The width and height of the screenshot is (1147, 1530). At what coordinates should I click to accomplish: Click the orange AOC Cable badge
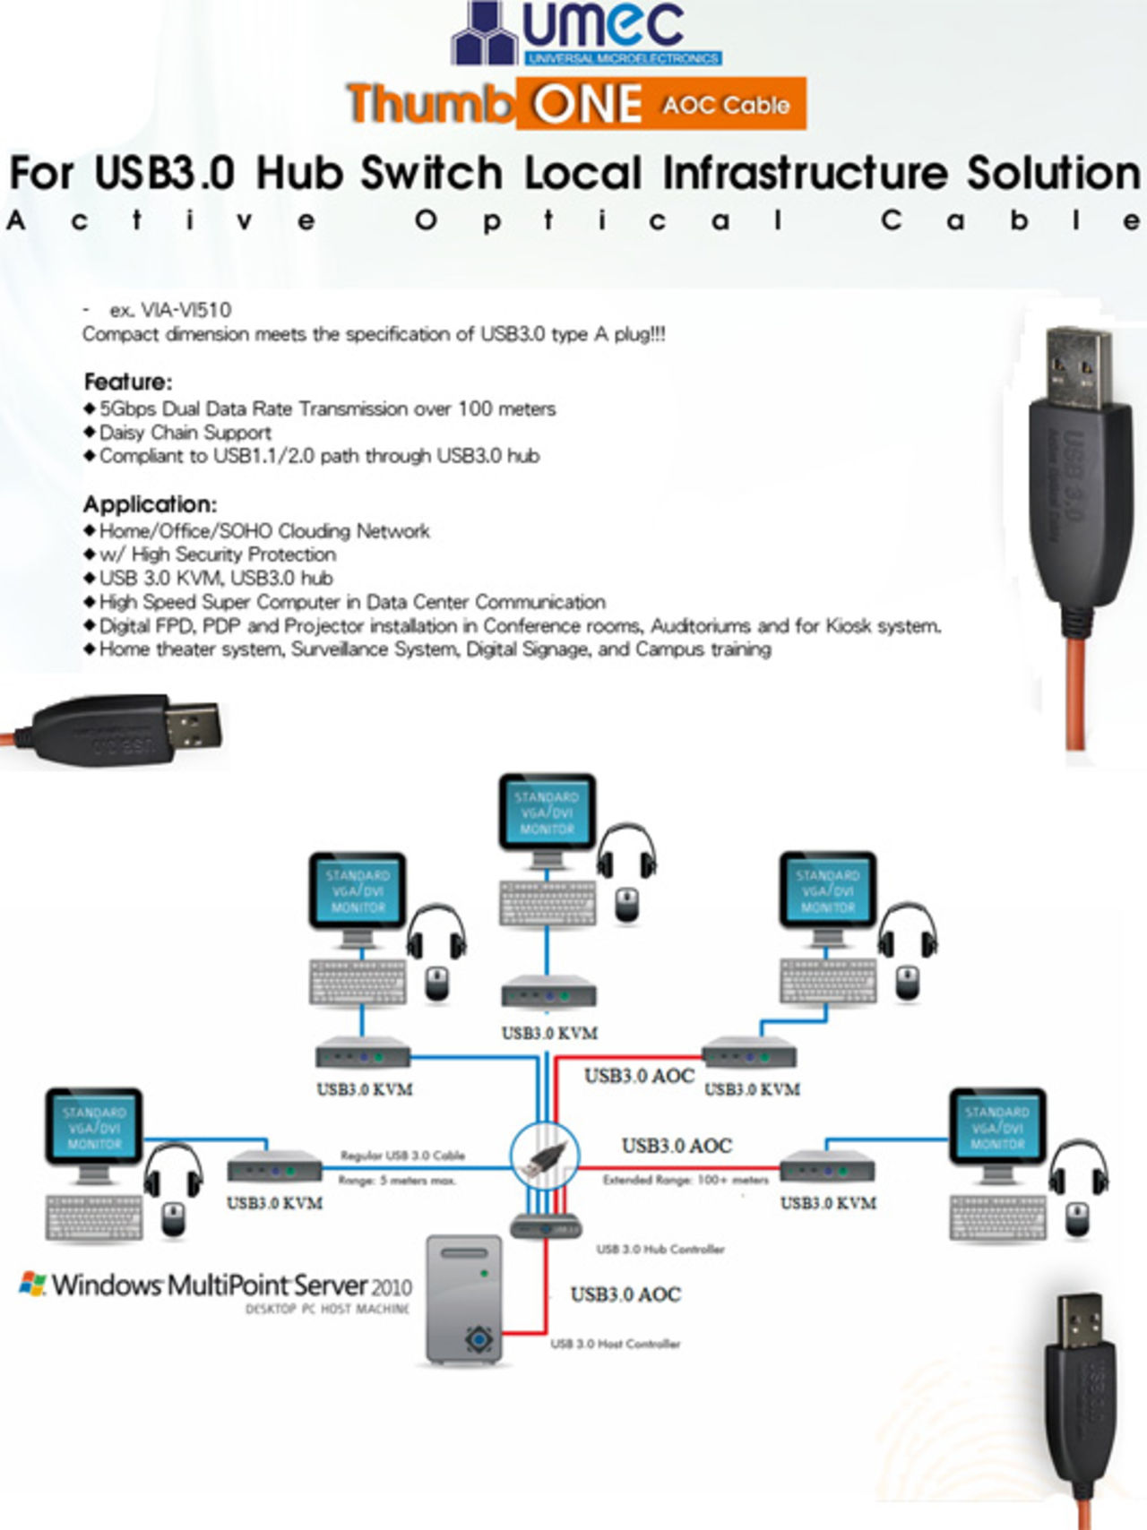(726, 105)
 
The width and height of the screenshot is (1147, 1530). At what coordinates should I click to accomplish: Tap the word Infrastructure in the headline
(804, 173)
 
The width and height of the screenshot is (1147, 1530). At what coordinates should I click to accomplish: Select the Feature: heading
(127, 382)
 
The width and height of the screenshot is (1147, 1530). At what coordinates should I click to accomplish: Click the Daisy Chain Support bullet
(185, 433)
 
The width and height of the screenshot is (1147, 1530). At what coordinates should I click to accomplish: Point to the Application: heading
(150, 503)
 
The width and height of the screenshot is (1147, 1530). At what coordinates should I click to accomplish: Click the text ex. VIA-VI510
(169, 310)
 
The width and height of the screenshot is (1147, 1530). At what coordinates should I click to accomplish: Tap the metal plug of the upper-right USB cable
(1079, 367)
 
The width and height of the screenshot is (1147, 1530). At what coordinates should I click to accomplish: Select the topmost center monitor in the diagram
(547, 813)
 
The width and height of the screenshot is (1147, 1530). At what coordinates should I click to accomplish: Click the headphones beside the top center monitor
(626, 851)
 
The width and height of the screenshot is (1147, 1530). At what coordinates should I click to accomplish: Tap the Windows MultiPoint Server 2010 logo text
(215, 1285)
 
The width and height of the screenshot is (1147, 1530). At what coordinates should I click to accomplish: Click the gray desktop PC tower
(463, 1301)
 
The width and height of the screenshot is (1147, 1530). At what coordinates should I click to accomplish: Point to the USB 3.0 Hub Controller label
(660, 1249)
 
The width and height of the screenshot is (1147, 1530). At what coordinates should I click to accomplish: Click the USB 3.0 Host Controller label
(616, 1344)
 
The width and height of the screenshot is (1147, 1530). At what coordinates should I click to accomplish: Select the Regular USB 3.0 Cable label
(402, 1156)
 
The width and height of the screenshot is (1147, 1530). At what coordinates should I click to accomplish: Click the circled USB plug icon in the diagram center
(544, 1160)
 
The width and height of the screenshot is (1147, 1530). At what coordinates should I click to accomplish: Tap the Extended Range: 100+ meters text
(686, 1180)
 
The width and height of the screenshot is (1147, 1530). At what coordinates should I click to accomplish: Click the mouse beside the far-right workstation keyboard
(1076, 1218)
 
